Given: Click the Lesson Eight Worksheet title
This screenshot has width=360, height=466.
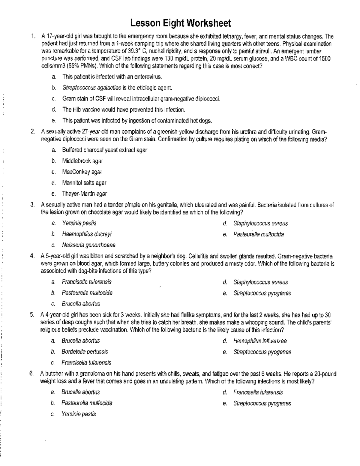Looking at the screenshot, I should pyautogui.click(x=181, y=23).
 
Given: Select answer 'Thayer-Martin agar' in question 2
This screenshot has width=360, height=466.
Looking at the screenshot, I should pyautogui.click(x=85, y=194).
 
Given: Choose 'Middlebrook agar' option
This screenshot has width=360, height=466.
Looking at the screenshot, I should pyautogui.click(x=82, y=161).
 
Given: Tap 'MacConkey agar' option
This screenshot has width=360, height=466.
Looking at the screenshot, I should pyautogui.click(x=82, y=172).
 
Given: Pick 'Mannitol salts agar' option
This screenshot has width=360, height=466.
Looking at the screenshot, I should pyautogui.click(x=84, y=183).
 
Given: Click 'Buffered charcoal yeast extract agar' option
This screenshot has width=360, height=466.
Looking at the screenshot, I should pyautogui.click(x=104, y=150).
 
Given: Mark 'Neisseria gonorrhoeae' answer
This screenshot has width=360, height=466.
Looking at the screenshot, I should pyautogui.click(x=88, y=245).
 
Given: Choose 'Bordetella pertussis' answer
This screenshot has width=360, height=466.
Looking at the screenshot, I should pyautogui.click(x=85, y=352).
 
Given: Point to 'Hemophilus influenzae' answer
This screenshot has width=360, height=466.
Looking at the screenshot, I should pyautogui.click(x=260, y=341).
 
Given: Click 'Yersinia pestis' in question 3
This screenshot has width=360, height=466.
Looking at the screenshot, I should pyautogui.click(x=79, y=223).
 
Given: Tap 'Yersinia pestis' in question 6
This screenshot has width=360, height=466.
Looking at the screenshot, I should pyautogui.click(x=79, y=414).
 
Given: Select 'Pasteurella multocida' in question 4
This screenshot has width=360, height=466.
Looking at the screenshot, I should pyautogui.click(x=87, y=293).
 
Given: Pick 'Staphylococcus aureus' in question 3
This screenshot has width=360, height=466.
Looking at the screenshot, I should pyautogui.click(x=260, y=223).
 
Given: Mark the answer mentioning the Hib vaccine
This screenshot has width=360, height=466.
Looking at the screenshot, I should pyautogui.click(x=124, y=110).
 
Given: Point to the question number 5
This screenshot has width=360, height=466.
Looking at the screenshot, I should pyautogui.click(x=31, y=315).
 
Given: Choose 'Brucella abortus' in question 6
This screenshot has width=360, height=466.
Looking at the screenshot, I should pyautogui.click(x=80, y=392).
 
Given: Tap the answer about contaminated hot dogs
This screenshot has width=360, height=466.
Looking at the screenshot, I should pyautogui.click(x=137, y=121).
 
